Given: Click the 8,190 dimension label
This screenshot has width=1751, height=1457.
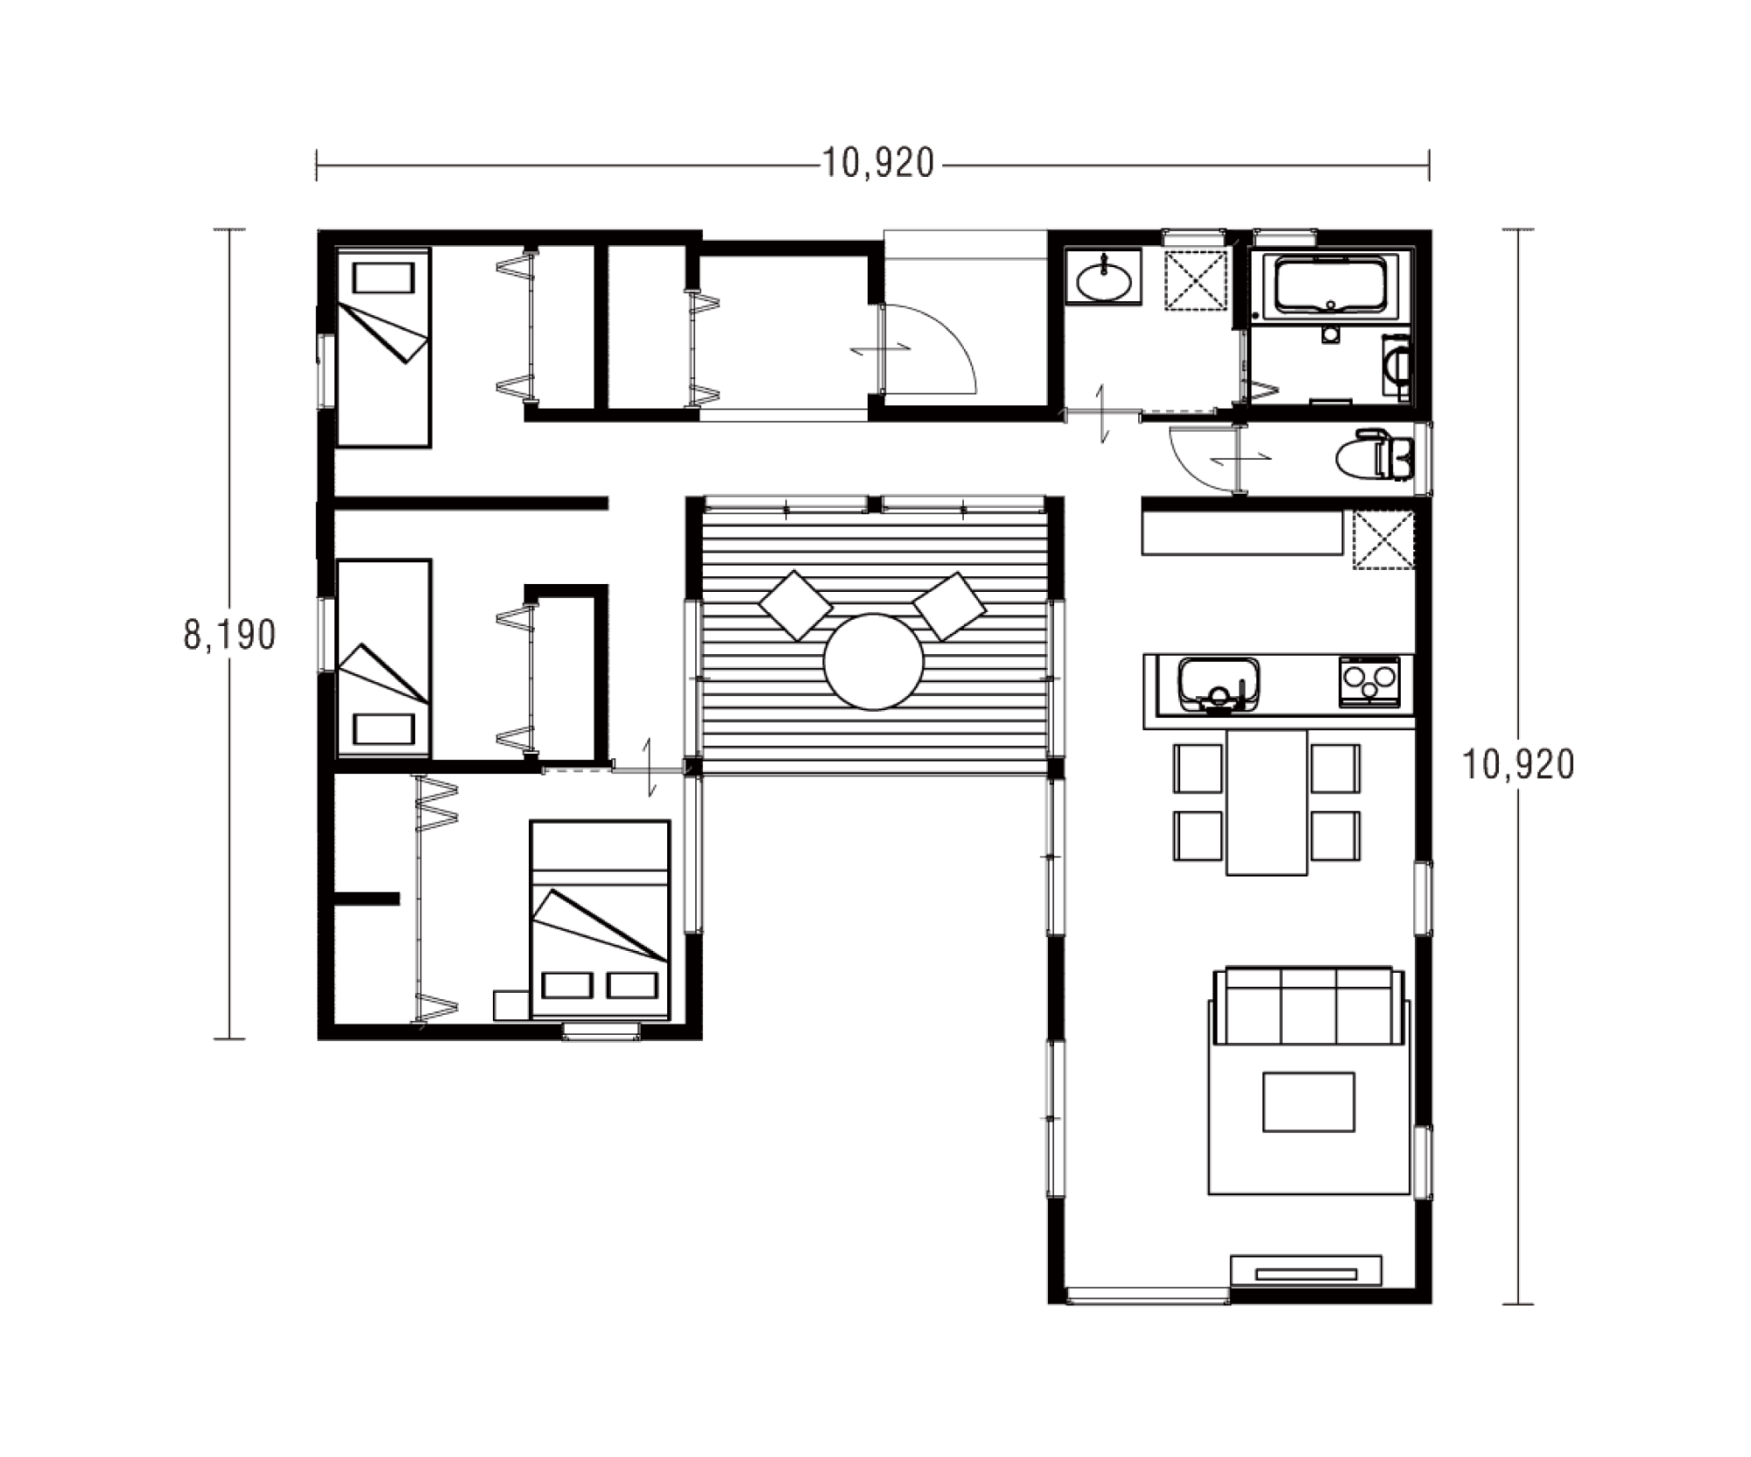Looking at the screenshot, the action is click(229, 635).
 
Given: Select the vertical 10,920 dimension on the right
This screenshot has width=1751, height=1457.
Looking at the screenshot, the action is click(1518, 764).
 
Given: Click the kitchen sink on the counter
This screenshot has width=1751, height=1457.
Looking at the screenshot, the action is click(1219, 685).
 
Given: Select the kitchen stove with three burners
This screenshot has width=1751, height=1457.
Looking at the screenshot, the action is click(1369, 682).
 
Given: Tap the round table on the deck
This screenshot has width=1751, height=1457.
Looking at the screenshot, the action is click(873, 661).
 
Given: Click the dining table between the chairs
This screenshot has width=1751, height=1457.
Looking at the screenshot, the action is click(1267, 801).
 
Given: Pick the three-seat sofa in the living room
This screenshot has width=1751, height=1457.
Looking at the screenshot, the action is click(1308, 1005).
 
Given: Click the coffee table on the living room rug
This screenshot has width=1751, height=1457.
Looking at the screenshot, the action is click(1309, 1102).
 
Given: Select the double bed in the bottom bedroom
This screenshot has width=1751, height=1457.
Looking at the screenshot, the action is click(600, 919).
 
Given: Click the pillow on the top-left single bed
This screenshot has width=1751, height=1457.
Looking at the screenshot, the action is click(383, 278).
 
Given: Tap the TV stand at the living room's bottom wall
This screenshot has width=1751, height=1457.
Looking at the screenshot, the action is click(1306, 1270).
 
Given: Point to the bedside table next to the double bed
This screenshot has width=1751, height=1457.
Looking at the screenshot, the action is click(511, 1005).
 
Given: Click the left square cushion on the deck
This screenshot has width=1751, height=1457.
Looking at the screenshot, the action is click(796, 605).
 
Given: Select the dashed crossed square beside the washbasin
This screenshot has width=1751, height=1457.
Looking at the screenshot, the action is click(1195, 279).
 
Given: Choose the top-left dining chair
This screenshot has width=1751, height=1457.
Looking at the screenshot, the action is click(1198, 769).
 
